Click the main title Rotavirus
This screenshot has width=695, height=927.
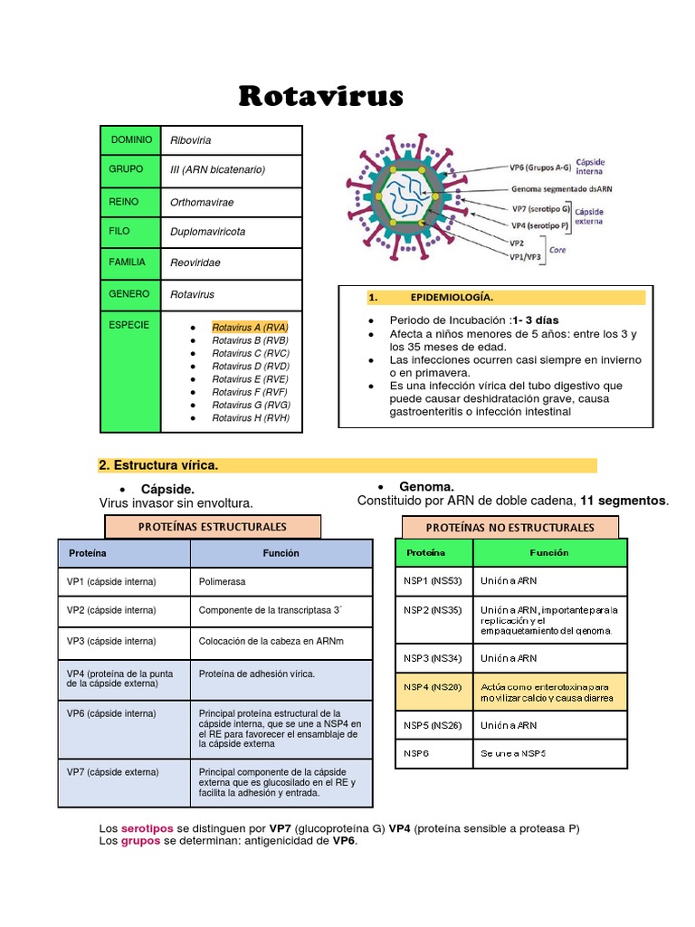coord(321,96)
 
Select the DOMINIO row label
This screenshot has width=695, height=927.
coord(131,140)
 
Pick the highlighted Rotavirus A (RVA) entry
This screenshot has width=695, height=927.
coord(250,327)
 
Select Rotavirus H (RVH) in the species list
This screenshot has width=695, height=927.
coord(251,418)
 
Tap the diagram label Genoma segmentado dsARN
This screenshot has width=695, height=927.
coord(562,190)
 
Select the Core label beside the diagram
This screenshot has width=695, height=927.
coord(558,250)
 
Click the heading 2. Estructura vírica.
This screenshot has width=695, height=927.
coord(158,465)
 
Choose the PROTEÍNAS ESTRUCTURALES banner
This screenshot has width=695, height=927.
coord(213,526)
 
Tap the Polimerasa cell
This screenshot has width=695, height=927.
coord(223,581)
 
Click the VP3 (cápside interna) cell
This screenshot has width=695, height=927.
coord(111,641)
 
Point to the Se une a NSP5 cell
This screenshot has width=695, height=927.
coord(513,753)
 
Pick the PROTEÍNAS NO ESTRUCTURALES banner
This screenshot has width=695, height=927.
coord(510,527)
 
